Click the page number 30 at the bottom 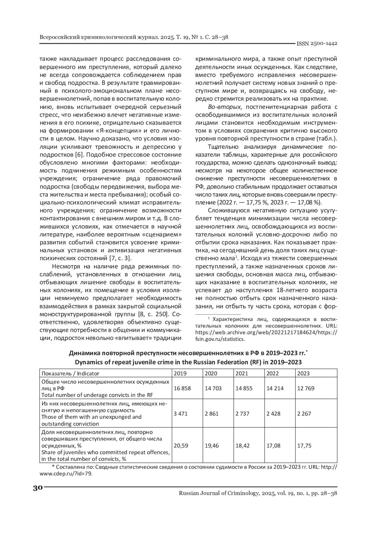[x=37, y=488]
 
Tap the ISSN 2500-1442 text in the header [x=317, y=43]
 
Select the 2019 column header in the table [x=180, y=373]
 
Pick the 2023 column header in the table [x=303, y=373]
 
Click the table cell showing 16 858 [x=182, y=388]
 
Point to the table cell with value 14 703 [x=213, y=388]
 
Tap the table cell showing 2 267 [x=304, y=414]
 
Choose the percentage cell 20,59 [x=181, y=445]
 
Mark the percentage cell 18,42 [x=242, y=445]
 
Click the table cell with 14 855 [x=244, y=388]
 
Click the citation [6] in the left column [x=79, y=155]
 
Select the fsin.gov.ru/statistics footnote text [x=220, y=339]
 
